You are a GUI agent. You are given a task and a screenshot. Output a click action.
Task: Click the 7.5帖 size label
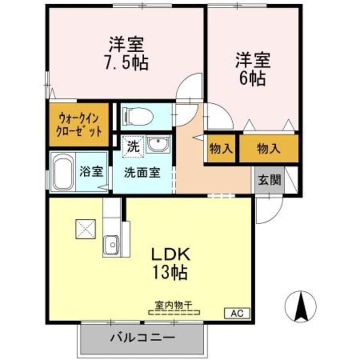[126, 63]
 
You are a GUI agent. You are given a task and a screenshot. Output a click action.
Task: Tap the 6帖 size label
[253, 78]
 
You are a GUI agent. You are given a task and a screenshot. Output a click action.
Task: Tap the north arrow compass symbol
[301, 305]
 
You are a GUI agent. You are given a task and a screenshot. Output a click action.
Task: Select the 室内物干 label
[174, 305]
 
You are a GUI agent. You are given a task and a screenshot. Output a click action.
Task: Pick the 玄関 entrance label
[270, 180]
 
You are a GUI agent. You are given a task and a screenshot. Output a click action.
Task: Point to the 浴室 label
[91, 172]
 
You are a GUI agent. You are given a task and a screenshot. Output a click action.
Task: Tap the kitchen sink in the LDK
[111, 245]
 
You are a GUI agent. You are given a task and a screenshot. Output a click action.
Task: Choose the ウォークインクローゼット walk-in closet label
[79, 124]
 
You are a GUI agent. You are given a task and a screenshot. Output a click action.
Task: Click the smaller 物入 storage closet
[221, 149]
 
